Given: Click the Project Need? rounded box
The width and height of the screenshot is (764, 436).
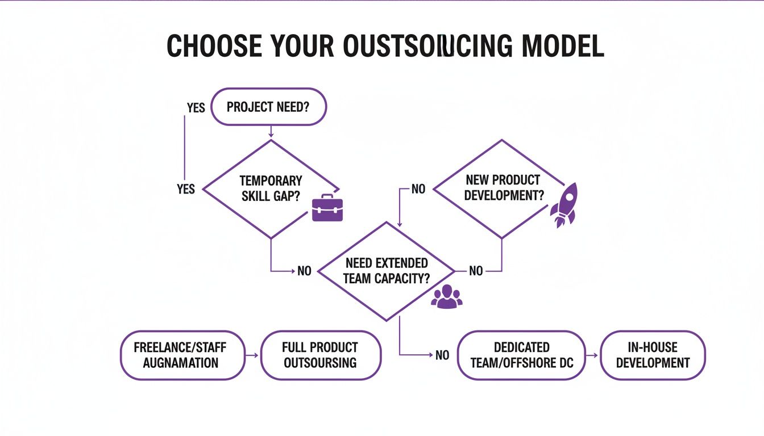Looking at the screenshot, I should tap(268, 107).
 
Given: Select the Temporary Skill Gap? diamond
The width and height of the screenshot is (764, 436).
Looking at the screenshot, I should tap(271, 188).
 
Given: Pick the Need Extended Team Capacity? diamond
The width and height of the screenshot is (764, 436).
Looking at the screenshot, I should tap(387, 271).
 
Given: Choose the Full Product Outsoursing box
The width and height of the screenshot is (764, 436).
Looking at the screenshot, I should tap(321, 355).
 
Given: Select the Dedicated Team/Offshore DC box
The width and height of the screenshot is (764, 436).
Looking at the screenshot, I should tap(521, 355).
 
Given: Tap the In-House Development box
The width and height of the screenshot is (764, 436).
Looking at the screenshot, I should tap(653, 355).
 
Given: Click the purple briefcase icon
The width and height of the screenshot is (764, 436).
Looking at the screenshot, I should tap(327, 208).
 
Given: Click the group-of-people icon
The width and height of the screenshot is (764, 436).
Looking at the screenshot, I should tap(447, 296).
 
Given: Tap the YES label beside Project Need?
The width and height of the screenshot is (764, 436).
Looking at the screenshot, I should tap(196, 107).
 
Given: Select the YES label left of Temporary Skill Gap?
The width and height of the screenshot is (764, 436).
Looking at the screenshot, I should tap(186, 189).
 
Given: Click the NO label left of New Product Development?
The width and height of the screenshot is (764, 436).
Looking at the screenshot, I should tap(418, 189).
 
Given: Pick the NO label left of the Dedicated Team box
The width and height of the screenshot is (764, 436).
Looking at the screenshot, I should tap(442, 355).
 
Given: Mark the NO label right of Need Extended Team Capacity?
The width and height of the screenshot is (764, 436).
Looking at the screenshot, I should tap(476, 271).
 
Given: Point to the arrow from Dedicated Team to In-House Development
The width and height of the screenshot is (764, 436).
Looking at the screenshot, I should tap(592, 355).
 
